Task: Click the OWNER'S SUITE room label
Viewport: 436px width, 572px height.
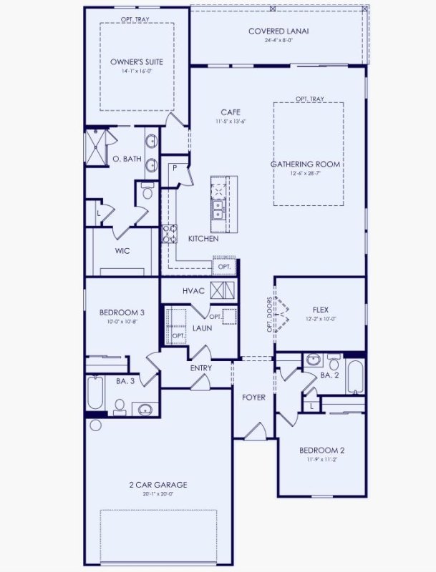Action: (136, 62)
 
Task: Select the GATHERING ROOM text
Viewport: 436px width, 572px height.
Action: (305, 164)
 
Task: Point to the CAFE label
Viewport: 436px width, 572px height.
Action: (230, 112)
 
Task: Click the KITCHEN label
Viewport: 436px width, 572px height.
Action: (203, 239)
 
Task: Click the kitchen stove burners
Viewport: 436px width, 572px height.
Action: (171, 234)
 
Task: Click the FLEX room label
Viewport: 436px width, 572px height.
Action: (320, 310)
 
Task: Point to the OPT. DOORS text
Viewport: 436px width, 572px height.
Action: (270, 315)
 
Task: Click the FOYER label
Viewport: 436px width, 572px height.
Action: (253, 397)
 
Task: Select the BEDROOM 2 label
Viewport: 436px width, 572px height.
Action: (321, 450)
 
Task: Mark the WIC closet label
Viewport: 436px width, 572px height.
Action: (122, 251)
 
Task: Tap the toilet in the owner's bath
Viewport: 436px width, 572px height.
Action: (147, 192)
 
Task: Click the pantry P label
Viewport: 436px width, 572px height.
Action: (173, 168)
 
